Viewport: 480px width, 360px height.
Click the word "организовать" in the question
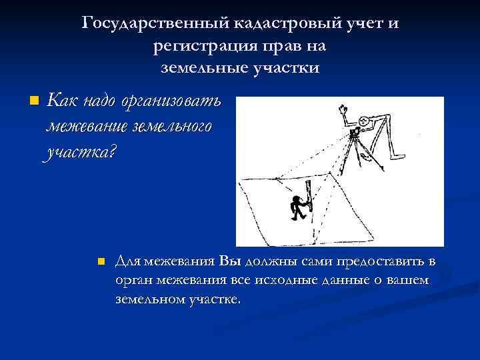pos(171,102)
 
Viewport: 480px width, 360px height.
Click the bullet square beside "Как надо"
pos(35,102)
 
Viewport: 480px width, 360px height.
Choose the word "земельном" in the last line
pos(147,300)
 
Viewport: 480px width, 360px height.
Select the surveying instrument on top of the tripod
pos(352,134)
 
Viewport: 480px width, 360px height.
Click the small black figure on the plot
pos(297,209)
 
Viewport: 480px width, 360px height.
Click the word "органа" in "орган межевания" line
pos(131,281)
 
